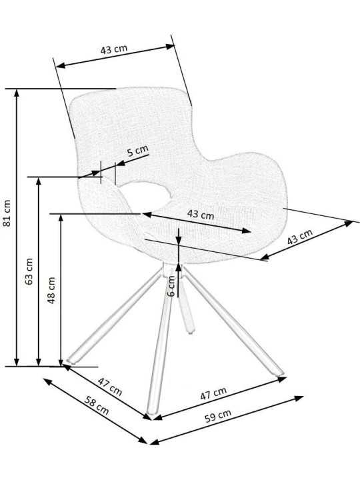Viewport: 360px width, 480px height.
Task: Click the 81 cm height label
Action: coord(7,213)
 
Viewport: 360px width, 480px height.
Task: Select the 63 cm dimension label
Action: coord(29,271)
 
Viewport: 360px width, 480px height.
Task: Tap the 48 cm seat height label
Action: coord(51,290)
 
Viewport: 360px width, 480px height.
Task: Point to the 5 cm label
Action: coord(138,151)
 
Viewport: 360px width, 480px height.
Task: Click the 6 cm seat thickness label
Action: coord(171,286)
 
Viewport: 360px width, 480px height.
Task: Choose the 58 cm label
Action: coord(97,405)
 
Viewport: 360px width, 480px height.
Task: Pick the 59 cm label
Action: coord(217,415)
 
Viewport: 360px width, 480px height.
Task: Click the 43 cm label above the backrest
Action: coord(114,49)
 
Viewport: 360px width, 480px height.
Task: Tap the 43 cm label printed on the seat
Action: coord(201,214)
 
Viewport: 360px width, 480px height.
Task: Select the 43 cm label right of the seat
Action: coord(300,237)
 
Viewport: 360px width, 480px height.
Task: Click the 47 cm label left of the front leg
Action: coord(110,386)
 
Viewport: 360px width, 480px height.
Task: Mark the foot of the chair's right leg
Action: coord(279,373)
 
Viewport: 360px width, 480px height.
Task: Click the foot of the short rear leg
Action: coord(191,331)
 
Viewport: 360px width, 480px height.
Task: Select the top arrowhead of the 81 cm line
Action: coord(17,94)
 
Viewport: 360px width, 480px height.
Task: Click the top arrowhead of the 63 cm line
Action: coord(39,182)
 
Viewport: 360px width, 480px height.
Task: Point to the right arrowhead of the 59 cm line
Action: coord(299,399)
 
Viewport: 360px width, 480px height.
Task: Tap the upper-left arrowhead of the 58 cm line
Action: coord(48,382)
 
